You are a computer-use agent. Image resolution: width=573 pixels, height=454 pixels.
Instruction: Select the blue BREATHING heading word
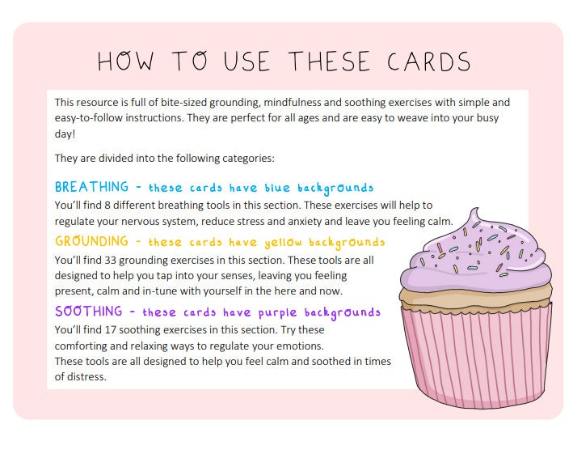click(91, 188)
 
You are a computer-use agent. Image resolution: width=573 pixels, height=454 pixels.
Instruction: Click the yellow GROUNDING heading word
click(91, 241)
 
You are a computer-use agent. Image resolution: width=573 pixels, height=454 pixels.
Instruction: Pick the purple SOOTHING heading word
click(89, 312)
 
